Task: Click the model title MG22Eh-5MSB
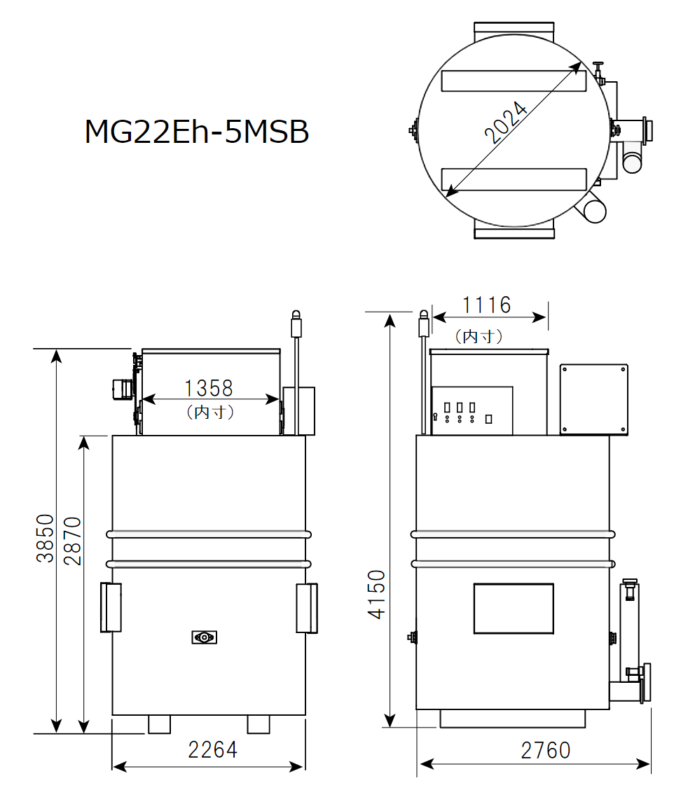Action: pos(196,132)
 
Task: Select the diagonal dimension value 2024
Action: pos(507,123)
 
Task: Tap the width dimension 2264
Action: pos(212,749)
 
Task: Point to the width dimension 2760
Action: pos(545,750)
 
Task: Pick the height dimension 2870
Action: pos(72,541)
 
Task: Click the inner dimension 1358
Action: pos(208,387)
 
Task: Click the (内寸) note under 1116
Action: pos(479,337)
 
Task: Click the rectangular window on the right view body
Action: pos(513,608)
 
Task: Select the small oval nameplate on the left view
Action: pos(204,637)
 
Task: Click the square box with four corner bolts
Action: pos(593,399)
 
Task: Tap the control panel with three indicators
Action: pos(472,410)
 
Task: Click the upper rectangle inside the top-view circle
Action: pos(513,81)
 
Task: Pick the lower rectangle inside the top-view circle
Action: pos(513,179)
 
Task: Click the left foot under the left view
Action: pos(159,723)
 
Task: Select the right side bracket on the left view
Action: pos(307,607)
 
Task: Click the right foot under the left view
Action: pos(259,723)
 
